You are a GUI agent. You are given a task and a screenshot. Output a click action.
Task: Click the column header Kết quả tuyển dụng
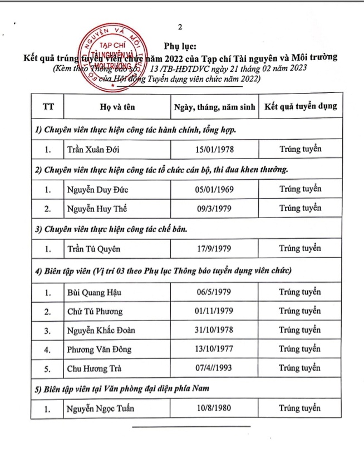pos(300,106)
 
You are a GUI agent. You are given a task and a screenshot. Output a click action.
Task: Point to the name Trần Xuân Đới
pos(94,150)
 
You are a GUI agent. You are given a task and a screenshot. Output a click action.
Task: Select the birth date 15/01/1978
pos(214,149)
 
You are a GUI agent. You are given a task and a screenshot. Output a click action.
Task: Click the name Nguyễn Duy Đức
pos(97,189)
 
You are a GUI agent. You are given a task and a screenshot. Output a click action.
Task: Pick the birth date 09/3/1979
pos(214,209)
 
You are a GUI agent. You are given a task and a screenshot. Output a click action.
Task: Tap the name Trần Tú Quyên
pos(94,249)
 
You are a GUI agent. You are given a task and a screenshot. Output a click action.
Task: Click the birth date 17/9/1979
pos(214,249)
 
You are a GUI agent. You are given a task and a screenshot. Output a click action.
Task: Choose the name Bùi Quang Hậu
pos(94,292)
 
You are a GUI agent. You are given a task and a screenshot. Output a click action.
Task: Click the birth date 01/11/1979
pos(214,311)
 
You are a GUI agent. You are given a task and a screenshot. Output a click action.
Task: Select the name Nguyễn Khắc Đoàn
pos(101,331)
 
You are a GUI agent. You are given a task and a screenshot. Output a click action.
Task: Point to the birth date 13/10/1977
pos(214,349)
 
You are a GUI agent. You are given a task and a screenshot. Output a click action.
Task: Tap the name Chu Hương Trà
pos(95,369)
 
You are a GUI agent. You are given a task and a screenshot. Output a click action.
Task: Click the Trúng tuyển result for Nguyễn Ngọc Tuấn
pos(300,408)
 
